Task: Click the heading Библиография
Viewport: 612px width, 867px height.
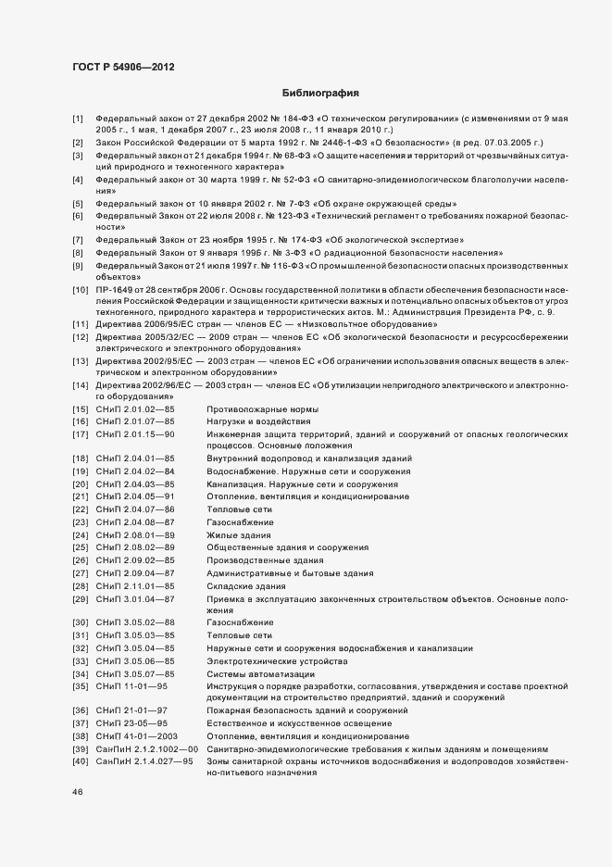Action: click(319, 94)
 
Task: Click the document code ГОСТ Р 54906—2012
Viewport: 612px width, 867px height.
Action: click(122, 67)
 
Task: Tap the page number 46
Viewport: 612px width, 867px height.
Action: click(77, 794)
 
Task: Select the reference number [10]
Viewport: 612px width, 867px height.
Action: click(80, 289)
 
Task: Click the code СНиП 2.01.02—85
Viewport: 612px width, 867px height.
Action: click(135, 408)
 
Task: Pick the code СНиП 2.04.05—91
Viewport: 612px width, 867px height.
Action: click(135, 496)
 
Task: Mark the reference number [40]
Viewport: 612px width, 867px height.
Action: click(80, 761)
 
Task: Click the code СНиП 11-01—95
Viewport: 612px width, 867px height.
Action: click(131, 687)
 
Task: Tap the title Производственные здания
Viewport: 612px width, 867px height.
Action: click(265, 560)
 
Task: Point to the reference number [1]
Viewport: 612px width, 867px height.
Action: click(78, 119)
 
